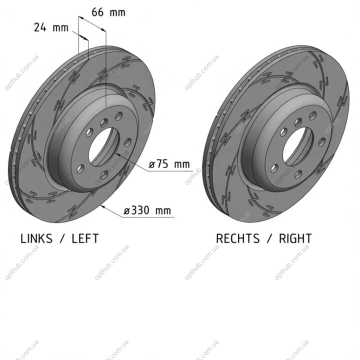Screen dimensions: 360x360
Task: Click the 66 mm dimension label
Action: (x=108, y=12)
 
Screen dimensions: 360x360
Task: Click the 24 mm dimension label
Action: (x=51, y=27)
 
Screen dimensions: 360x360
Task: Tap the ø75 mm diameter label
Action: (x=169, y=164)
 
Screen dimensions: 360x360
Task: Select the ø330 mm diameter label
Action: (x=147, y=210)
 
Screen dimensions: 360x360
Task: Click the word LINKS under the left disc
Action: (x=36, y=238)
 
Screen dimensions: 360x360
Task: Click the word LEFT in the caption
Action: (x=85, y=238)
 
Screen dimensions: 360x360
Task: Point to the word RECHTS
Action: (x=237, y=238)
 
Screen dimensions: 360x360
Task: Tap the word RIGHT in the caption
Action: (x=295, y=238)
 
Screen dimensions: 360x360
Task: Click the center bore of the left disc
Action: (x=104, y=146)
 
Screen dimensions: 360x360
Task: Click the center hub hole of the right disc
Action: (x=298, y=146)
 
